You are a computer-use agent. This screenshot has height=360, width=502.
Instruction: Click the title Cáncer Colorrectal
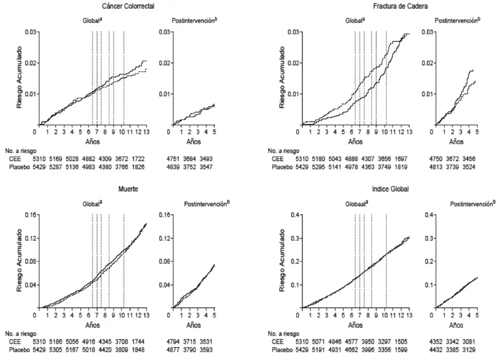pyautogui.click(x=128, y=6)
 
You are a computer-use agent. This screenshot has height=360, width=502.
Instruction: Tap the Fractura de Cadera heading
pyautogui.click(x=400, y=6)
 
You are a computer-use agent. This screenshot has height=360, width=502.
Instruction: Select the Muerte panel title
pyautogui.click(x=128, y=189)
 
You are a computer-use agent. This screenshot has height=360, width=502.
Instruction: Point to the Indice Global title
pyautogui.click(x=390, y=189)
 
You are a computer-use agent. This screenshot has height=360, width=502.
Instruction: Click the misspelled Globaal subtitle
pyautogui.click(x=356, y=203)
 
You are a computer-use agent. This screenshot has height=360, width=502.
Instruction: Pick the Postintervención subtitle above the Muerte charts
pyautogui.click(x=207, y=203)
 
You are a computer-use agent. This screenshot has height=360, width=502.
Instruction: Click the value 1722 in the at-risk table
pyautogui.click(x=138, y=159)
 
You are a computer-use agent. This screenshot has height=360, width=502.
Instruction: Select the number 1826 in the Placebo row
pyautogui.click(x=138, y=167)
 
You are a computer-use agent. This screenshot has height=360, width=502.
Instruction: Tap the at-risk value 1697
pyautogui.click(x=401, y=159)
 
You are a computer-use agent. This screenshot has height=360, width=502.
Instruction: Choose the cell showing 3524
pyautogui.click(x=469, y=167)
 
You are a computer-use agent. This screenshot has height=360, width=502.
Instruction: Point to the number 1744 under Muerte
pyautogui.click(x=138, y=342)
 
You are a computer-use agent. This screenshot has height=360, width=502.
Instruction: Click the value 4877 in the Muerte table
pyautogui.click(x=173, y=350)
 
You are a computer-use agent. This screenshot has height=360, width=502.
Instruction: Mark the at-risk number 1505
pyautogui.click(x=401, y=342)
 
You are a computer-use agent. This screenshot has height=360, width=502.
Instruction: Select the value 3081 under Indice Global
pyautogui.click(x=469, y=342)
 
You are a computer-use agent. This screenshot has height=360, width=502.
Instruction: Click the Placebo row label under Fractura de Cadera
pyautogui.click(x=282, y=167)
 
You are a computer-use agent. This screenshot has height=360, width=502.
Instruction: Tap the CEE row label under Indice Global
pyautogui.click(x=277, y=342)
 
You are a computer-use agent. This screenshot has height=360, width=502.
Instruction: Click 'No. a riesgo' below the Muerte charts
pyautogui.click(x=21, y=334)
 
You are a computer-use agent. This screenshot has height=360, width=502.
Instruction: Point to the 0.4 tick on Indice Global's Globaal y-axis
pyautogui.click(x=295, y=215)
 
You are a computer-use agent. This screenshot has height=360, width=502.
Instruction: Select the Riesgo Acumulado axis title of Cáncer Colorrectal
pyautogui.click(x=20, y=78)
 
